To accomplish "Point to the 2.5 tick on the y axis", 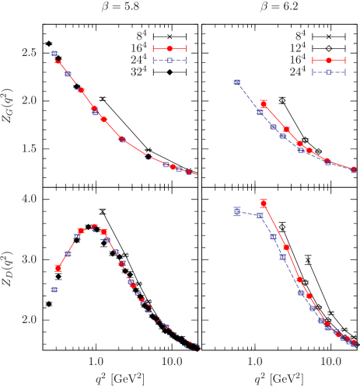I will click(29, 53).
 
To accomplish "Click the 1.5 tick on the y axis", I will click(29, 148).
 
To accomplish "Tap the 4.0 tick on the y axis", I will click(29, 200).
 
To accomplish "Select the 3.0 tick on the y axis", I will click(29, 259).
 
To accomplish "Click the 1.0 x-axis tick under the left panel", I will click(96, 361).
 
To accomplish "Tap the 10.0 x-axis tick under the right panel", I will click(331, 361).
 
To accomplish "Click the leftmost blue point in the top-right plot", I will click(237, 82).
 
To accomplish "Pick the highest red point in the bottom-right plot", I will click(264, 203).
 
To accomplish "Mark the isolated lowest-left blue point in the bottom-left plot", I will click(54, 290).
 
